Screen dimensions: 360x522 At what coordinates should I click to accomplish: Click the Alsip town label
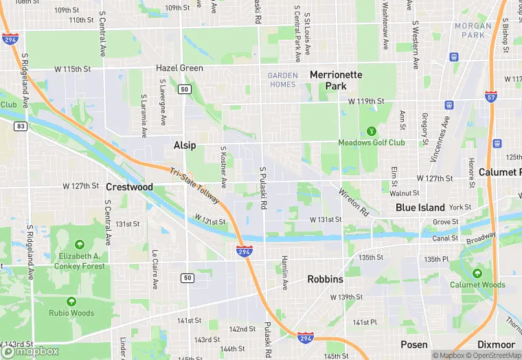[x=185, y=145]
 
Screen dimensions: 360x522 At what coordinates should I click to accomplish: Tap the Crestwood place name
[x=129, y=187]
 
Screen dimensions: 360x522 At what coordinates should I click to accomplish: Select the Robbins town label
[x=326, y=280]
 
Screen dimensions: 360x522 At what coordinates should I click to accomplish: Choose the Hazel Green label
[x=179, y=68]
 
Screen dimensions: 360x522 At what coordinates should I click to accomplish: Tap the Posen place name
[x=414, y=344]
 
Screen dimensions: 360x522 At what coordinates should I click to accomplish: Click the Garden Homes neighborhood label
[x=282, y=80]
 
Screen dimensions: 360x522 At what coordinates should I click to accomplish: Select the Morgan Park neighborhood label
[x=473, y=30]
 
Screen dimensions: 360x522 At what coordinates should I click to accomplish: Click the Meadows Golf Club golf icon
[x=372, y=130]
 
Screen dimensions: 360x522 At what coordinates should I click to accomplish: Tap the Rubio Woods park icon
[x=71, y=301]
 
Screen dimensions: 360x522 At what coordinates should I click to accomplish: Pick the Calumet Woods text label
[x=477, y=284]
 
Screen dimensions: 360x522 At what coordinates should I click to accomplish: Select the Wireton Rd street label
[x=354, y=203]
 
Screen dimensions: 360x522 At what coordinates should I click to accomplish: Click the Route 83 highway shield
[x=22, y=126]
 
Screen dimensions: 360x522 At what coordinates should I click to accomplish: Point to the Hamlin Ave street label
[x=284, y=273]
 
